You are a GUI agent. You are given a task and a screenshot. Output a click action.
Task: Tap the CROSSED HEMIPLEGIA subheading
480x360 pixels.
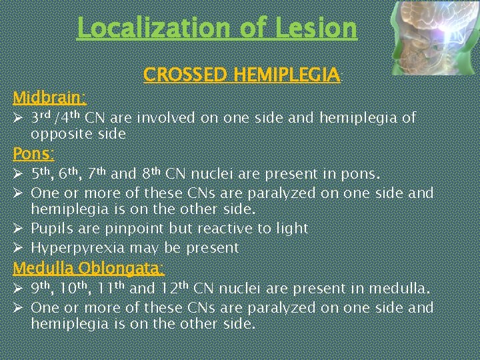tap(241, 75)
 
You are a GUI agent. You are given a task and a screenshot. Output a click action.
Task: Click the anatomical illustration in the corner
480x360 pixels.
tap(433, 37)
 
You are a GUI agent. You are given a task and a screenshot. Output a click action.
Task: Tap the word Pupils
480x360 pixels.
tap(50, 229)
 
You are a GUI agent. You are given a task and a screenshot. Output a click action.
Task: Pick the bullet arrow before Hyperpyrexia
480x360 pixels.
tap(19, 248)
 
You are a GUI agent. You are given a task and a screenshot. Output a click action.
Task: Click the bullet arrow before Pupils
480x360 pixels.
tap(19, 229)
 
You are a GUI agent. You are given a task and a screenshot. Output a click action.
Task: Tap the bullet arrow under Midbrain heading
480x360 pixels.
tap(19, 119)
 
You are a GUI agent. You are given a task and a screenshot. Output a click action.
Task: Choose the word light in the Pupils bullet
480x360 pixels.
tap(291, 229)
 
